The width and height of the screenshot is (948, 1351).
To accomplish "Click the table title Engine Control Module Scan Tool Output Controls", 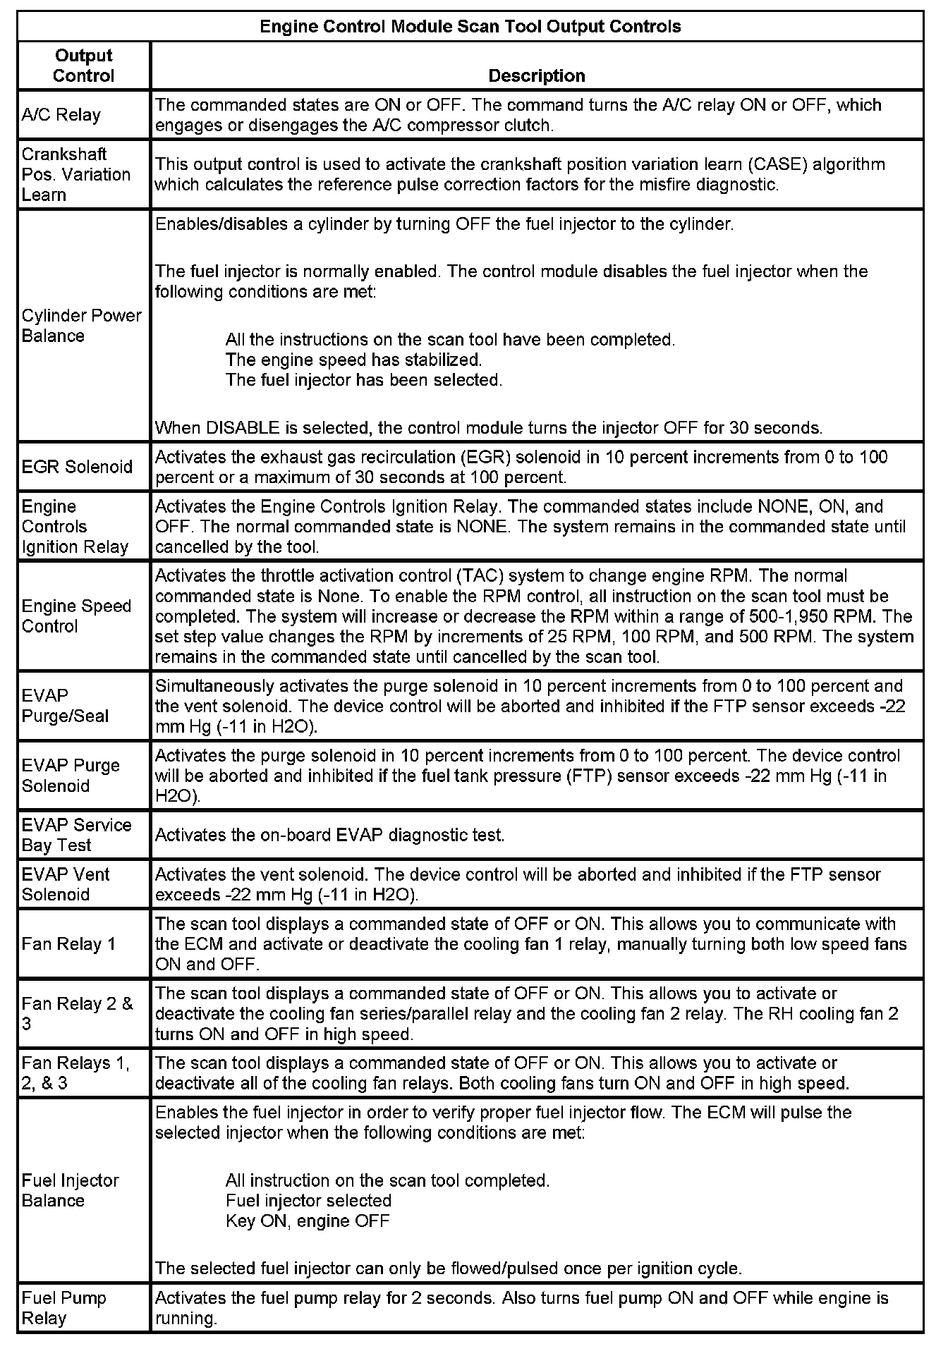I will [470, 27].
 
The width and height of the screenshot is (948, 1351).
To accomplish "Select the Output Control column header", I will [83, 66].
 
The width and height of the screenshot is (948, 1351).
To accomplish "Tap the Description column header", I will [536, 75].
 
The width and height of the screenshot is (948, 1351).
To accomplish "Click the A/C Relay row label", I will [61, 115].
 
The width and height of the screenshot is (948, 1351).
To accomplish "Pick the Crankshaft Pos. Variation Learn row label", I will [75, 174].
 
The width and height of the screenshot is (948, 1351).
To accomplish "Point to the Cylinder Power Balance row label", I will [81, 326].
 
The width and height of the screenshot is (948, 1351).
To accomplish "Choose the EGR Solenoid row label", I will [77, 467].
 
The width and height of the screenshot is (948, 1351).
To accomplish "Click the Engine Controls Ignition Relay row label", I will [75, 527].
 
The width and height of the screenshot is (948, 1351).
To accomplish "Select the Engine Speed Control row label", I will [76, 616].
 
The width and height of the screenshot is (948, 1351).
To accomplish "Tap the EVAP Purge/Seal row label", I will [65, 706].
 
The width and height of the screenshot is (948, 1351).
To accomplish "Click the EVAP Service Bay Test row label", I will [76, 835].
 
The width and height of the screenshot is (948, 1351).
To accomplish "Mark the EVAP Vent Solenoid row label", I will [66, 884].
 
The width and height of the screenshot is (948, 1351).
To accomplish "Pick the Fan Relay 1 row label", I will [68, 944].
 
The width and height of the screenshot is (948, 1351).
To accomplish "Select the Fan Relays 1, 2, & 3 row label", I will [75, 1072].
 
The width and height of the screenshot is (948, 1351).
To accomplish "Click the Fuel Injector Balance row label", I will [70, 1190].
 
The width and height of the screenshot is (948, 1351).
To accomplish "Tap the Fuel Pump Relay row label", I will [64, 1308].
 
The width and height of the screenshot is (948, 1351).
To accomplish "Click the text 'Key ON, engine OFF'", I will [307, 1221].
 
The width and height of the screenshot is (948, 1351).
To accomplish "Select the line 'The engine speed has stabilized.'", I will [353, 360].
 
